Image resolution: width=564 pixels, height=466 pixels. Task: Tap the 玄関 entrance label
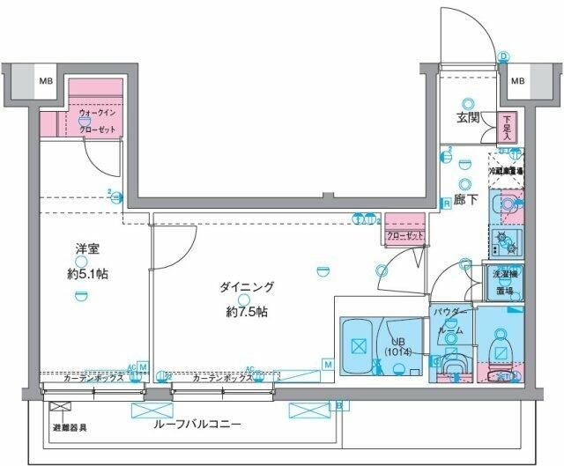[x=468, y=119]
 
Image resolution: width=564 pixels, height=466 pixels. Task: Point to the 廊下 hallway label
[x=466, y=200]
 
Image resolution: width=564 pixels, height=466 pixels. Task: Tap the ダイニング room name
[x=248, y=288]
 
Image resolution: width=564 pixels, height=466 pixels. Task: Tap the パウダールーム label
[x=449, y=321]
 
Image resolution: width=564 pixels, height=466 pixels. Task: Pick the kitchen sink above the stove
[x=507, y=204]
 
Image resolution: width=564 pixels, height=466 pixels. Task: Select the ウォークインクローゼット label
[x=96, y=121]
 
